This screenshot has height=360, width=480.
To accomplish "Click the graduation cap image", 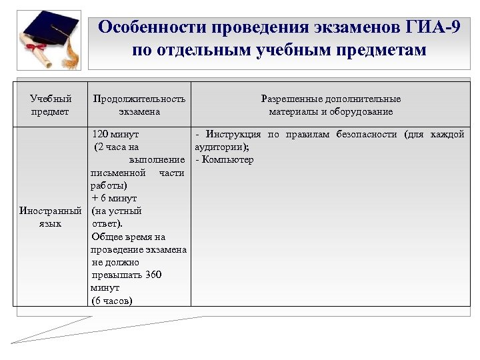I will click(50, 31).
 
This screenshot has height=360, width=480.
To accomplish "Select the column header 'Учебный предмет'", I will click(50, 105).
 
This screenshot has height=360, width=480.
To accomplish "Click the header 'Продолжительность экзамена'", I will click(139, 105).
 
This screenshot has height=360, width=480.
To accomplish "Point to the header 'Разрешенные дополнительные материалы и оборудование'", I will click(331, 105).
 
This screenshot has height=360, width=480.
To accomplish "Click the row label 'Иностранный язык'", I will click(50, 217).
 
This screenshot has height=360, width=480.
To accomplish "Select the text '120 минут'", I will click(116, 135).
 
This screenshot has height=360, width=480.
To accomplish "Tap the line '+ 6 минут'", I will click(114, 199).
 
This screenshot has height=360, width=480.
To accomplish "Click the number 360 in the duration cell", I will click(153, 275).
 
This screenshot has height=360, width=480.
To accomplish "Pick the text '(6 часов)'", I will click(112, 301).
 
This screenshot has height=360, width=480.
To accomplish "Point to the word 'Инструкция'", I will click(233, 135).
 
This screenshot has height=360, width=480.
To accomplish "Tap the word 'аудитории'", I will click(221, 147).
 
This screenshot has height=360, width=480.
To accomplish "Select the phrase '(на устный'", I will click(117, 211).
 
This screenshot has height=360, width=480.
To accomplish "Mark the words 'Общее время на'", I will click(129, 237).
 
